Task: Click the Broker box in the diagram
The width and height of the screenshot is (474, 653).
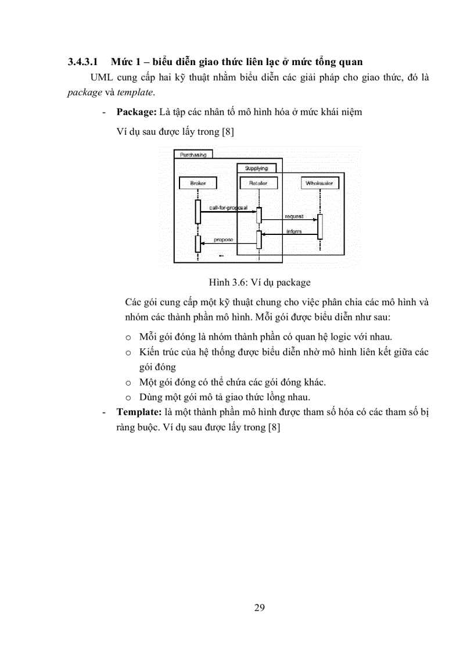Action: point(198,183)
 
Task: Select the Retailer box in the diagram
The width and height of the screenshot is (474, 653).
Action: point(258,183)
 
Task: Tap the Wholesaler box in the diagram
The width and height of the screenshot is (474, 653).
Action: point(319,183)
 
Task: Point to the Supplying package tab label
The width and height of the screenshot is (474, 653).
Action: point(256,168)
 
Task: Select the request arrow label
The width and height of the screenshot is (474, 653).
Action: point(293,216)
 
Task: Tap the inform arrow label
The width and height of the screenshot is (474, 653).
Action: point(294,231)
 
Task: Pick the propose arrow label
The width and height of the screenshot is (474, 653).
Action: point(224,239)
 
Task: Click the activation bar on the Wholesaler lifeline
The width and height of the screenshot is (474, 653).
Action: point(319,226)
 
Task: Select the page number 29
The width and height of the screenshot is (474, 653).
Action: point(260,608)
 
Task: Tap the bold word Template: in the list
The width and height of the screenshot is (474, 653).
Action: point(139,411)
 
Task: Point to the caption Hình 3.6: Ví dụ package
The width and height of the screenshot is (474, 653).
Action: point(260,283)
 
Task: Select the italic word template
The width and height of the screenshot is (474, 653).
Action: point(136,92)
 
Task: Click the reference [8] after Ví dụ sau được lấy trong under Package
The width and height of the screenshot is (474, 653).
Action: point(228,131)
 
